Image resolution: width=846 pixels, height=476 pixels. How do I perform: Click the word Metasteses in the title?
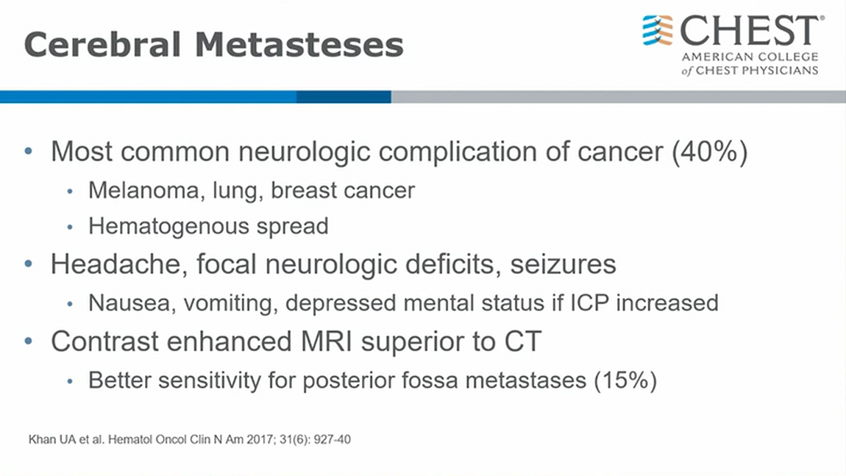(x=299, y=44)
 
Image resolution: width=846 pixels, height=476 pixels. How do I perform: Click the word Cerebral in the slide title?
(x=102, y=44)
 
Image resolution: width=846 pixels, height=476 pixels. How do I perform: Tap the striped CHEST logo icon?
(x=658, y=30)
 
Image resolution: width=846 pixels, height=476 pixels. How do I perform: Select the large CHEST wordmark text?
(x=752, y=30)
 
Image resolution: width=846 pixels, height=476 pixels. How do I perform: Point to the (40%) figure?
(x=710, y=152)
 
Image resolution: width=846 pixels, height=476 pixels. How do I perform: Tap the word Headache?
(x=118, y=264)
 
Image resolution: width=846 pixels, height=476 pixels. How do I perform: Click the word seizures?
(x=563, y=264)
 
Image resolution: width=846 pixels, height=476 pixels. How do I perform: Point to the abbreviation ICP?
(x=589, y=303)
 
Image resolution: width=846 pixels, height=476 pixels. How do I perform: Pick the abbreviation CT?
(x=523, y=341)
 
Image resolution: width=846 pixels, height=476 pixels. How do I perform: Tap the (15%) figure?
(x=625, y=380)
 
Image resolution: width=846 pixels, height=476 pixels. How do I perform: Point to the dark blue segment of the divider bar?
(x=344, y=96)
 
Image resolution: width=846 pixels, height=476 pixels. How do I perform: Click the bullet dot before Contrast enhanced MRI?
(x=29, y=341)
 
